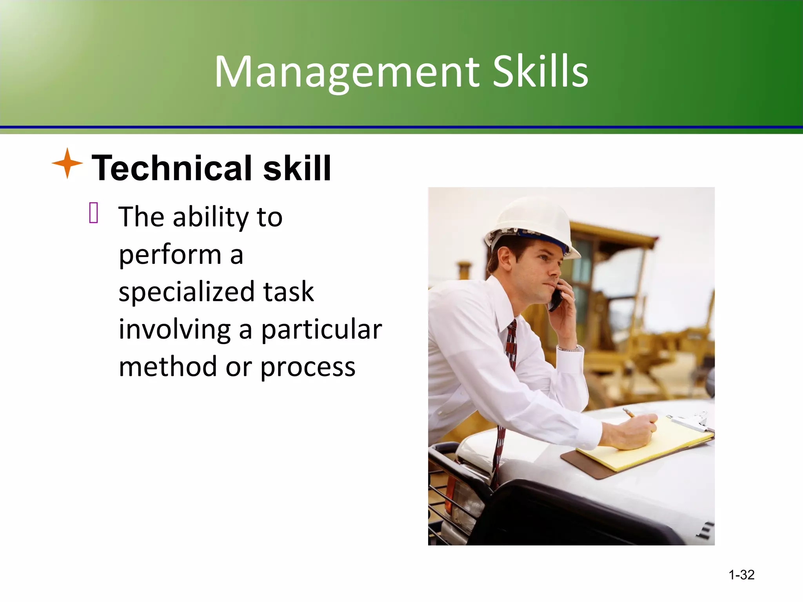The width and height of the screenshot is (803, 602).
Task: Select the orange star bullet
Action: [x=67, y=163]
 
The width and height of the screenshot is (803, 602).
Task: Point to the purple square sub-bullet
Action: [x=94, y=213]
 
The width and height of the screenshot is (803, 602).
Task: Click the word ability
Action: [x=211, y=218]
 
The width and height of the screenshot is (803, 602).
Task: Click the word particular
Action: [x=322, y=330]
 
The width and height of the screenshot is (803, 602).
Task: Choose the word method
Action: [x=168, y=367]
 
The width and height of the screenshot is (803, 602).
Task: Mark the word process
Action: [x=308, y=368]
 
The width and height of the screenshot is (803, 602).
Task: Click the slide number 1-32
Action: [x=741, y=575]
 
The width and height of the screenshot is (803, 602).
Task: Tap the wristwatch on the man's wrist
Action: [x=569, y=348]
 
